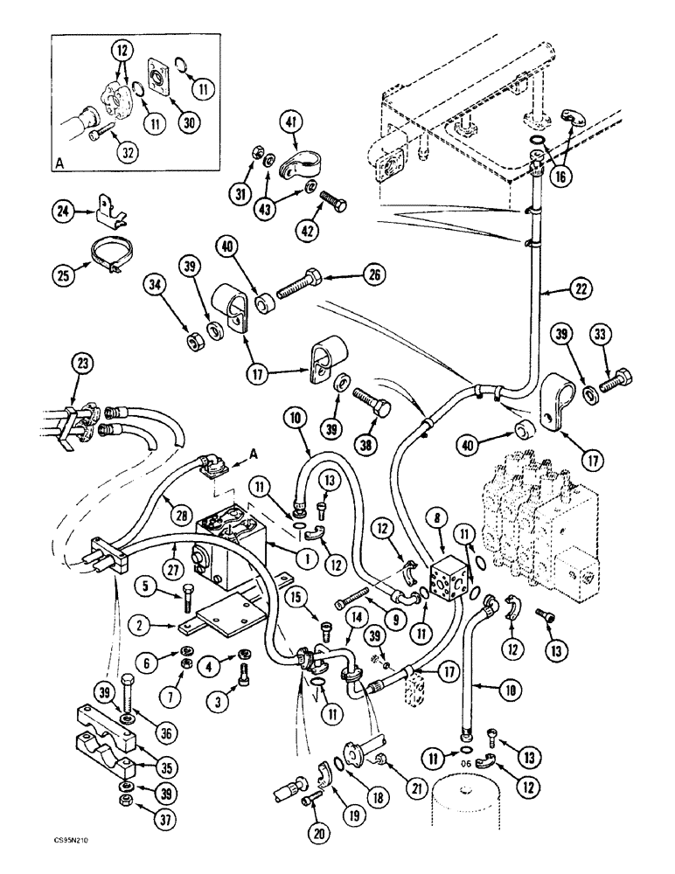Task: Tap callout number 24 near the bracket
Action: click(59, 211)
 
